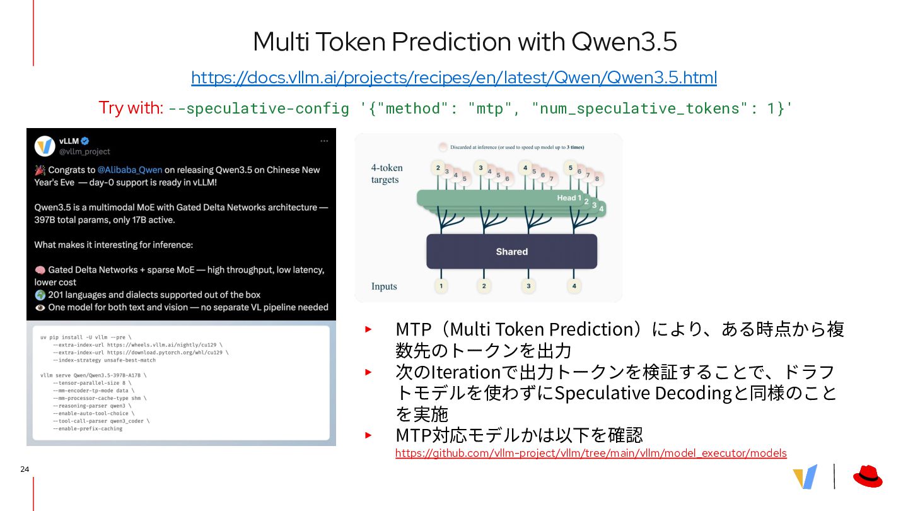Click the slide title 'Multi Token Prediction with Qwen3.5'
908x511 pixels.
(x=465, y=42)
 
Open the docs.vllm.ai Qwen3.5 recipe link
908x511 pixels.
(x=454, y=78)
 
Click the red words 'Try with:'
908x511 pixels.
(x=131, y=108)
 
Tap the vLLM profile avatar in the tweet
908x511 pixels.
(x=45, y=146)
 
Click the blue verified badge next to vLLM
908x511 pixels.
(x=85, y=141)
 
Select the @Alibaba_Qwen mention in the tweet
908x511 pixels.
(x=130, y=170)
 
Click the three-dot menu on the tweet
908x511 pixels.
(x=324, y=141)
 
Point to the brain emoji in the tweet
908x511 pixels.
(x=40, y=270)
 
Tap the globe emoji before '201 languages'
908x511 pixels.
(x=40, y=295)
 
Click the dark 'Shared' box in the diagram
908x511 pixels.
(x=511, y=252)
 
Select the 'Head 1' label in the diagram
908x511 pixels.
(x=569, y=198)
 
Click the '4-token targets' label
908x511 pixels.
(x=387, y=173)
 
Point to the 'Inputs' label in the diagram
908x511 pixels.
(x=384, y=286)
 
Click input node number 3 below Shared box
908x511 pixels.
(x=528, y=286)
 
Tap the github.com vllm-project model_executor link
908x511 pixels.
(x=591, y=453)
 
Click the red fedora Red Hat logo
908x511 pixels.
(x=868, y=476)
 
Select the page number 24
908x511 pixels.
(x=25, y=469)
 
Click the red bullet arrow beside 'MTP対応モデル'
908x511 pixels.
(x=368, y=435)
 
